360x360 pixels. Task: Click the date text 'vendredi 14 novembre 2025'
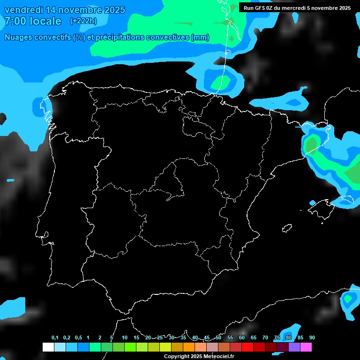(x=65, y=10)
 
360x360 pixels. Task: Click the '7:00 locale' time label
(x=33, y=21)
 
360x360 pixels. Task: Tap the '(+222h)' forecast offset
(x=83, y=21)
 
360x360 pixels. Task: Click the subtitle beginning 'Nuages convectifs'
(x=107, y=37)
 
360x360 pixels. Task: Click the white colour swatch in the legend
(x=48, y=347)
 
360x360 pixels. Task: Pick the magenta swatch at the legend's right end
(x=306, y=347)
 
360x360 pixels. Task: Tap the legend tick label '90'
(x=312, y=338)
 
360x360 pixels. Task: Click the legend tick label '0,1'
(x=55, y=338)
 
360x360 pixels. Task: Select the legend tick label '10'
(x=125, y=338)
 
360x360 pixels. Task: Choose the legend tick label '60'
(x=242, y=338)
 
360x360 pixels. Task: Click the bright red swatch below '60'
(x=247, y=347)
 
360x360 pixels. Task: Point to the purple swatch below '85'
(x=294, y=347)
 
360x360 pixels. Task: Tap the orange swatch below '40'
(x=188, y=347)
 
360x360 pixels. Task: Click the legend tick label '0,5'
(x=78, y=338)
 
